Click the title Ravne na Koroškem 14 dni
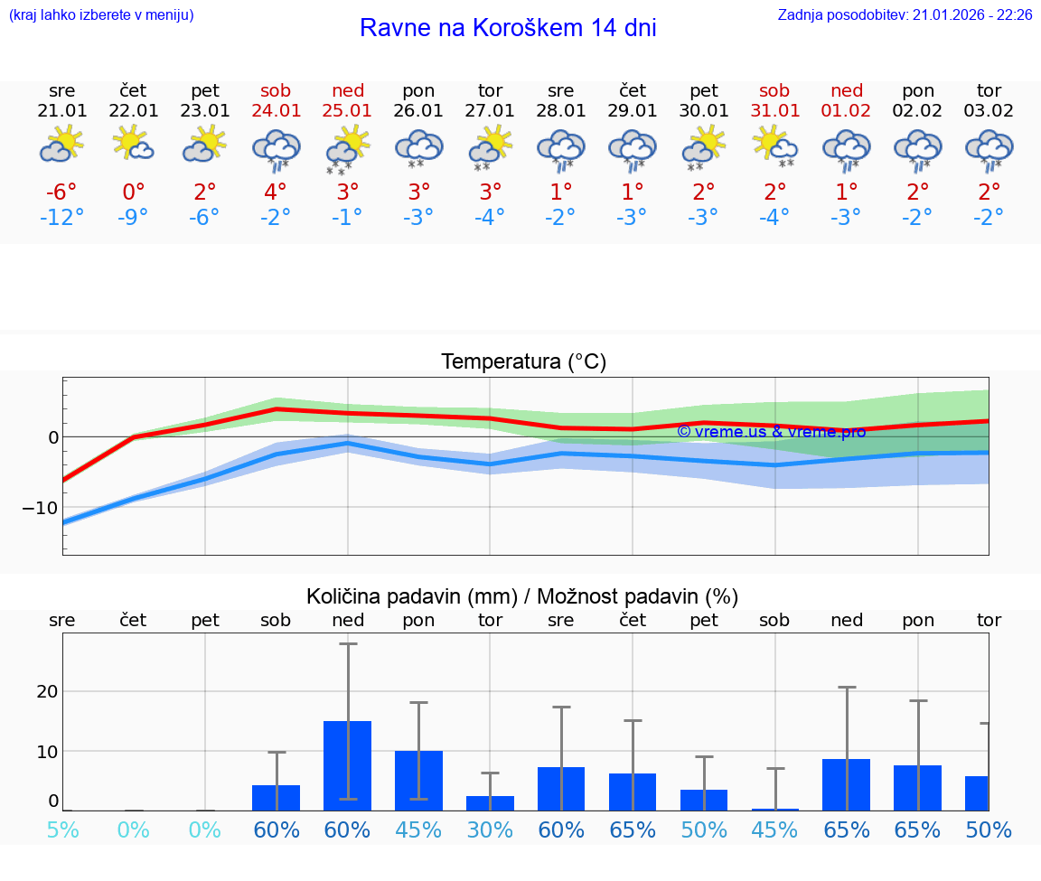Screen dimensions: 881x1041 (508, 28)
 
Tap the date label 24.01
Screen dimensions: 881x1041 (277, 111)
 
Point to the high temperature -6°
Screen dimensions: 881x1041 (62, 192)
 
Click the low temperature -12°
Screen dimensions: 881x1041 (62, 218)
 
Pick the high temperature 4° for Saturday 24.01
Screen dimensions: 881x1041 (276, 192)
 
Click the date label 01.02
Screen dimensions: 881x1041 (847, 111)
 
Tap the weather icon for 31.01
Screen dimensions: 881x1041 (775, 146)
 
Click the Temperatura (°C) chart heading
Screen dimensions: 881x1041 (523, 362)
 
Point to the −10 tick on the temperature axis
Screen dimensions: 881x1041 (41, 508)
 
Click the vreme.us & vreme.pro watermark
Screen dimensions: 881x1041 (771, 432)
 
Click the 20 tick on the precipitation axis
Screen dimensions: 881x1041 (47, 691)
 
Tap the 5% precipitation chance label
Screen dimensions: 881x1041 (62, 829)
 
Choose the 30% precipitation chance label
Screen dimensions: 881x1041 (490, 829)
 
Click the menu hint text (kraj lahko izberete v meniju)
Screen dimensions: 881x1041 (101, 14)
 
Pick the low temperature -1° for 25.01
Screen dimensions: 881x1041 (348, 218)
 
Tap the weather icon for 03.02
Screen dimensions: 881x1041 (989, 148)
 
